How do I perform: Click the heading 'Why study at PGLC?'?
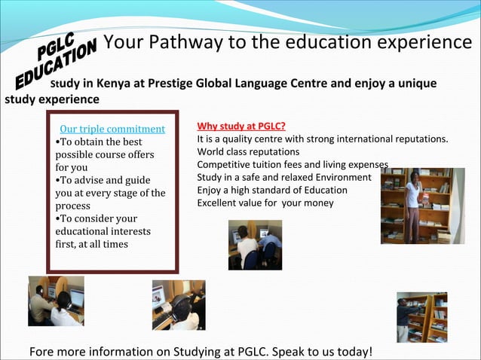240,126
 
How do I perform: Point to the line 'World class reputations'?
237,152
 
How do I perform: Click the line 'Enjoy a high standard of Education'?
272,190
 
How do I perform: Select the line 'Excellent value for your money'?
265,203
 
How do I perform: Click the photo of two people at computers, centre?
255,244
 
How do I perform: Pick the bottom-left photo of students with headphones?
57,301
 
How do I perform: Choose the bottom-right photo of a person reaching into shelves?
422,317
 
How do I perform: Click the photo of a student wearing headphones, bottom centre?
179,305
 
